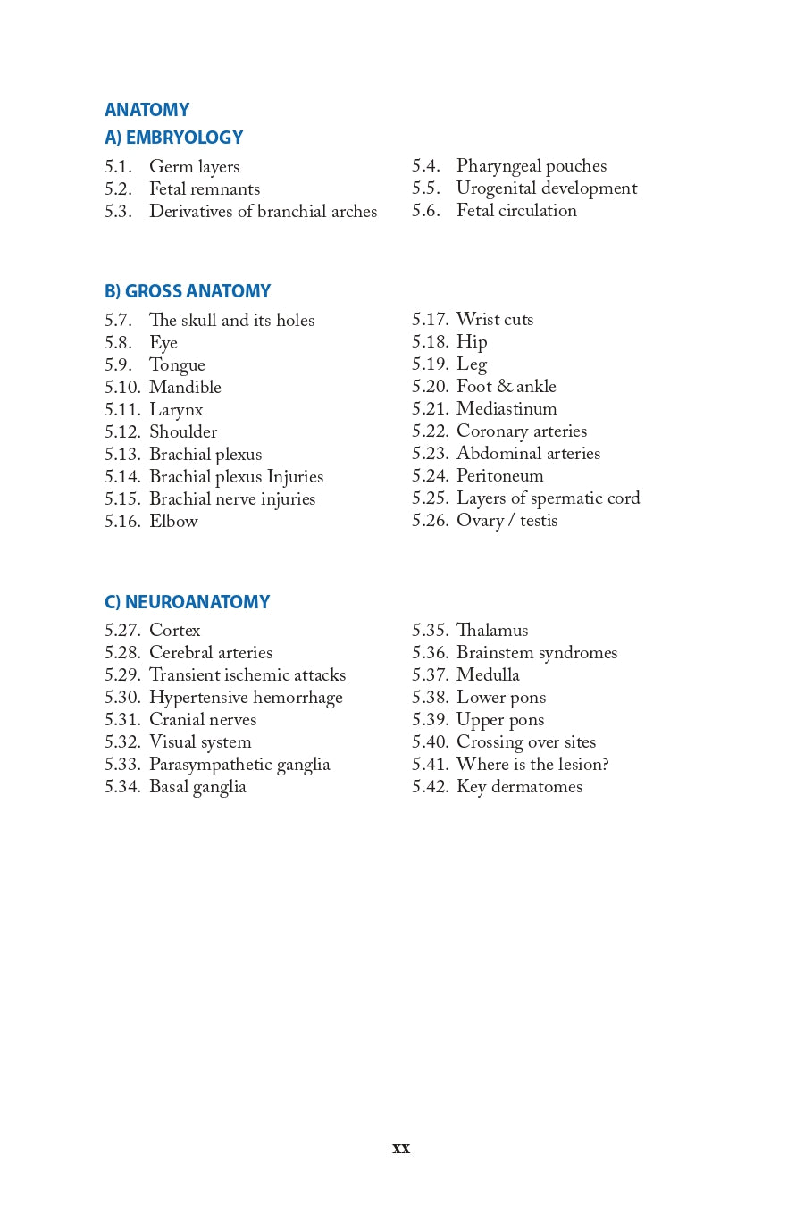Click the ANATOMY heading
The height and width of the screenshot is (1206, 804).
coord(147,110)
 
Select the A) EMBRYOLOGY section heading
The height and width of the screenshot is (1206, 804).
coord(173,138)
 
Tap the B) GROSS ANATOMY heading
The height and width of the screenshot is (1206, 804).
coord(187,291)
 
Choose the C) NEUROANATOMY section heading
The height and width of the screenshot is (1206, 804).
coord(187,602)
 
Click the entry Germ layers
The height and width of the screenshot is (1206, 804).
coord(194,167)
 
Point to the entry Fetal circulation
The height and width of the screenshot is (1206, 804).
coord(516,211)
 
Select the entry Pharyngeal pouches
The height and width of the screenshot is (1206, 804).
coord(531,166)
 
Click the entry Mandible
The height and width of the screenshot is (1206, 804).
coord(185,388)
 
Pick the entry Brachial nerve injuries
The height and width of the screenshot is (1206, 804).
coord(232,499)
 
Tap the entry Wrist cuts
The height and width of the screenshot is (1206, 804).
coord(494,320)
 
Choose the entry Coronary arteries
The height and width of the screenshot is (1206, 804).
coord(522,431)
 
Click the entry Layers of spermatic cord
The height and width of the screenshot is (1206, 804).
coord(548,498)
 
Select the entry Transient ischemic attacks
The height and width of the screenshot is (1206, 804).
coord(247,675)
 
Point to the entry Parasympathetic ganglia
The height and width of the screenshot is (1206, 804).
coord(239,765)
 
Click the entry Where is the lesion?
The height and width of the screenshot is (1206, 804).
coord(532,765)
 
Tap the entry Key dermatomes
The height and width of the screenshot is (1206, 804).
coord(519,787)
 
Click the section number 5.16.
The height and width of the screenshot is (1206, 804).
coord(122,522)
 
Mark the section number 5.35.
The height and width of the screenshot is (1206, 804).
coord(430,631)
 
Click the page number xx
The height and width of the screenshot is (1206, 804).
coord(401,1149)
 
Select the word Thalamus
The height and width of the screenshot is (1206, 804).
coord(492,631)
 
